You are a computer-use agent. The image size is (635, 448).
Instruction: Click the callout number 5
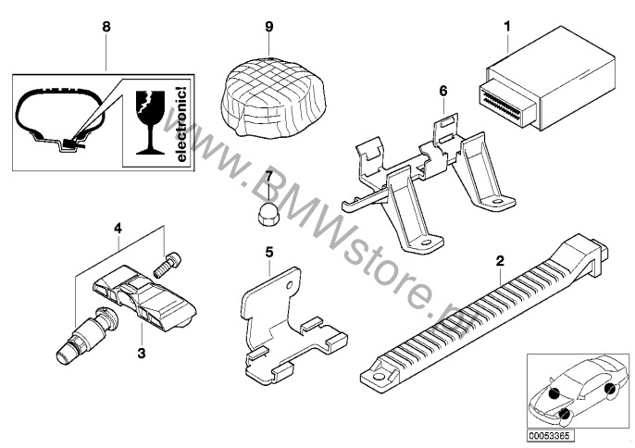[x=268, y=251]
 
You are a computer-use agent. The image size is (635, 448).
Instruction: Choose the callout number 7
[x=268, y=175]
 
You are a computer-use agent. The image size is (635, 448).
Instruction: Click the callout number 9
[x=268, y=27]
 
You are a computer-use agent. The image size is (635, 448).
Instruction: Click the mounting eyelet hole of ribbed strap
[x=378, y=376]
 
